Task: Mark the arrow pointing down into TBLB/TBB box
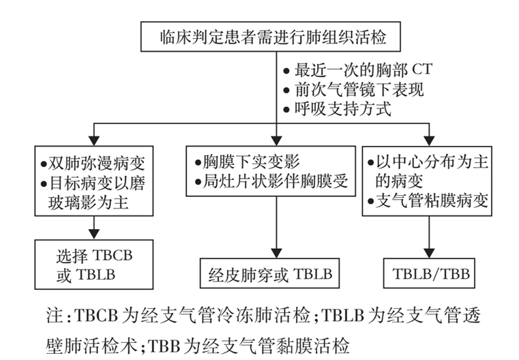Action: (430, 242)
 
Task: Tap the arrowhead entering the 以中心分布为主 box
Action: (430, 139)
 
